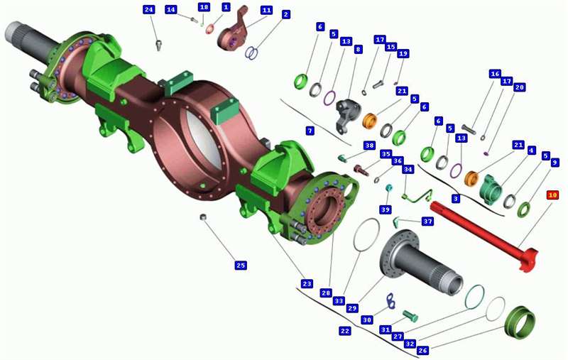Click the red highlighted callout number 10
pos(552,195)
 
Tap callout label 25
pos(241,266)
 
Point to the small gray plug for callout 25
pos(204,217)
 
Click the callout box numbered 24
pos(148,10)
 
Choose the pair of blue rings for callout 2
pos(251,53)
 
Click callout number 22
pos(345,331)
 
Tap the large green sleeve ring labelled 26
pos(520,322)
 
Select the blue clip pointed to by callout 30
pos(390,302)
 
